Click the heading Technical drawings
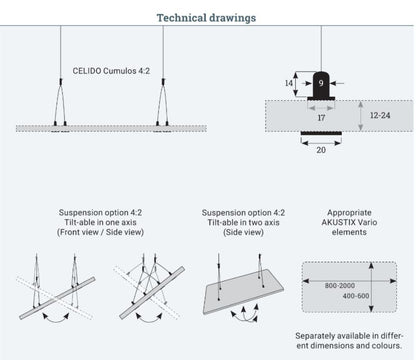point(206,17)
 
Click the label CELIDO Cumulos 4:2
point(112,72)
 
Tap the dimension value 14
point(288,85)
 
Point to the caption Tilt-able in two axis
point(243,222)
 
